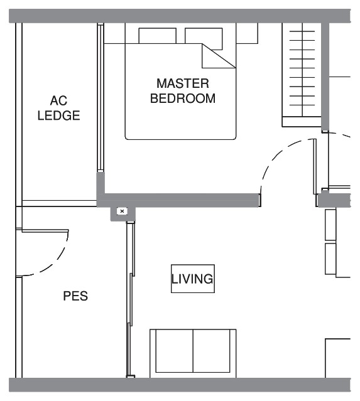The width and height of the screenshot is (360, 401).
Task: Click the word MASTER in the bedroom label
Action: (x=183, y=83)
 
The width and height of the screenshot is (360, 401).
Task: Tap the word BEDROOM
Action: (x=183, y=98)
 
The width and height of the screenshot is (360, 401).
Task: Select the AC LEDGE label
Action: (x=58, y=108)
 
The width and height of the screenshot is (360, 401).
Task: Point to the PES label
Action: (x=75, y=296)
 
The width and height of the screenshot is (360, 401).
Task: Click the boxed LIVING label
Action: (x=193, y=279)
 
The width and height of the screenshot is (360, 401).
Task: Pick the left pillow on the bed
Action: (x=158, y=36)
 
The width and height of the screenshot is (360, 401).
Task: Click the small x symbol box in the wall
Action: (x=122, y=211)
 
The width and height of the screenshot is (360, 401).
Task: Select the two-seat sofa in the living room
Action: (x=193, y=353)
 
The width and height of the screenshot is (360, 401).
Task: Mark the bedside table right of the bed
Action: (x=247, y=33)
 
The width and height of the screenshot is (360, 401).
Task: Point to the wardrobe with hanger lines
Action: (x=302, y=75)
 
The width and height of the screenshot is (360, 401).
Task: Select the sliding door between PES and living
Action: (x=131, y=299)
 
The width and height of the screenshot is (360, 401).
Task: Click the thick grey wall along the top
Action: (x=180, y=16)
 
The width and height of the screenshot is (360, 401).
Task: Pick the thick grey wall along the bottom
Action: (x=180, y=385)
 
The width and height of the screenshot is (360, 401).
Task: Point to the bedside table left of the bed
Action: (x=114, y=33)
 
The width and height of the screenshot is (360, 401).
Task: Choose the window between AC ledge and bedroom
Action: (x=101, y=98)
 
